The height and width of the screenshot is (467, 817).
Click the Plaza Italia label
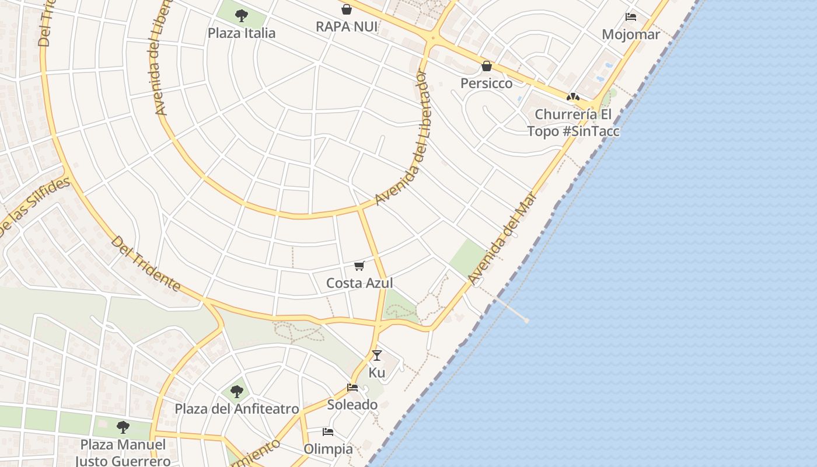(x=241, y=33)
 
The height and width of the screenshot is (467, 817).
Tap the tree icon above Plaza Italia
(x=241, y=16)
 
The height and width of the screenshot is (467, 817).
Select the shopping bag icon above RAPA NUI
(x=347, y=9)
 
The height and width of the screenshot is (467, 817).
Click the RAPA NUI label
(x=347, y=27)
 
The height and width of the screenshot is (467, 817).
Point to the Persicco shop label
(x=486, y=83)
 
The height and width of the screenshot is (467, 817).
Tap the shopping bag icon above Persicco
(x=486, y=66)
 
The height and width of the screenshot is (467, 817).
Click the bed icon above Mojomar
(x=630, y=17)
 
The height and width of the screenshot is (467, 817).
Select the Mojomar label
(x=630, y=34)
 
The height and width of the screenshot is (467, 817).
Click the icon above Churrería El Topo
(x=573, y=97)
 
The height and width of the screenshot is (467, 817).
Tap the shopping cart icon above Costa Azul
(x=359, y=266)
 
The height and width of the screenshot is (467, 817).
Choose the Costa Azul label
(x=359, y=283)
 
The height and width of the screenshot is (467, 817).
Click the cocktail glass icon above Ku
(x=377, y=355)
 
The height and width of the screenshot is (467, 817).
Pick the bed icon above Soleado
(x=352, y=388)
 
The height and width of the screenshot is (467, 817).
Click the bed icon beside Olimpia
(x=328, y=432)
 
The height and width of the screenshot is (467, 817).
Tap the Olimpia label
(x=328, y=449)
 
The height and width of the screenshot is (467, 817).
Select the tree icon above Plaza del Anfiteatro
(x=236, y=391)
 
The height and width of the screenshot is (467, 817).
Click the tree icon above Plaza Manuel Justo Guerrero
(x=123, y=427)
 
